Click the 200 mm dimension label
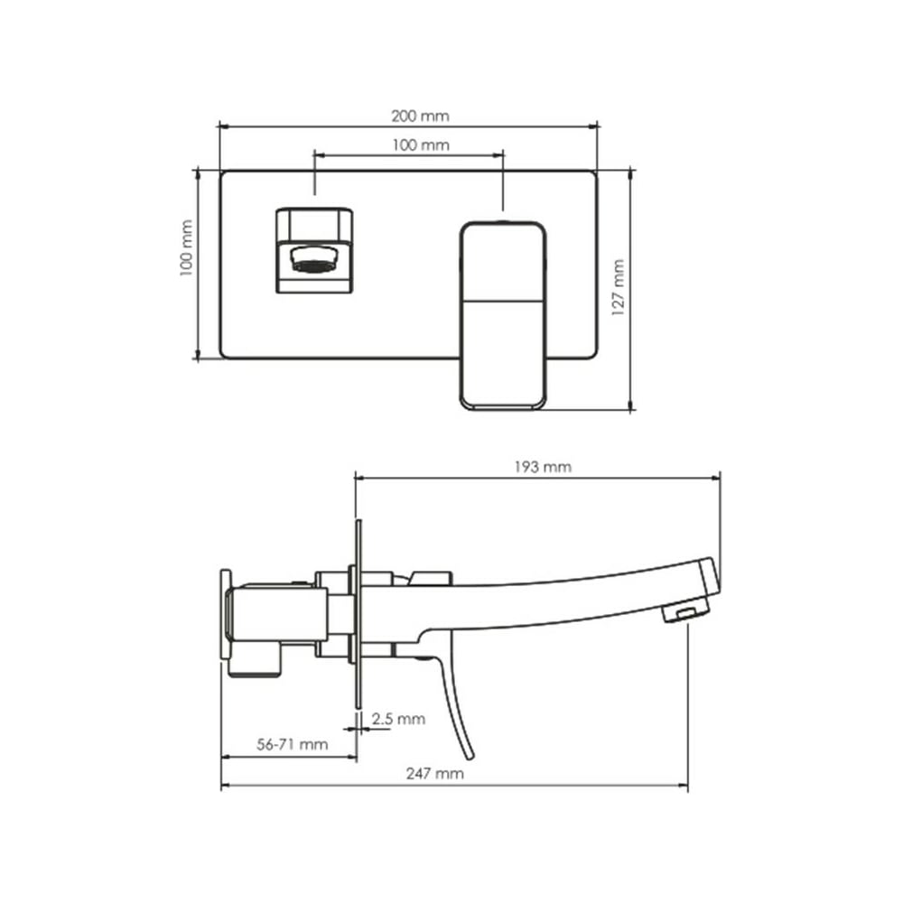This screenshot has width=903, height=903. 420,116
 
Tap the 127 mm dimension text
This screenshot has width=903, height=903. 618,287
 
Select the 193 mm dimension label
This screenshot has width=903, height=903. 543,467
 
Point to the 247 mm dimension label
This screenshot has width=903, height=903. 435,773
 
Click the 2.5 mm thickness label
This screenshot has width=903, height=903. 398,719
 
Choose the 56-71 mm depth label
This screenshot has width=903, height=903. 292,744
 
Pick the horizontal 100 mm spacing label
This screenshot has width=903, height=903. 421,144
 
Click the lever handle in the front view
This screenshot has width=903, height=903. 503,315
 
